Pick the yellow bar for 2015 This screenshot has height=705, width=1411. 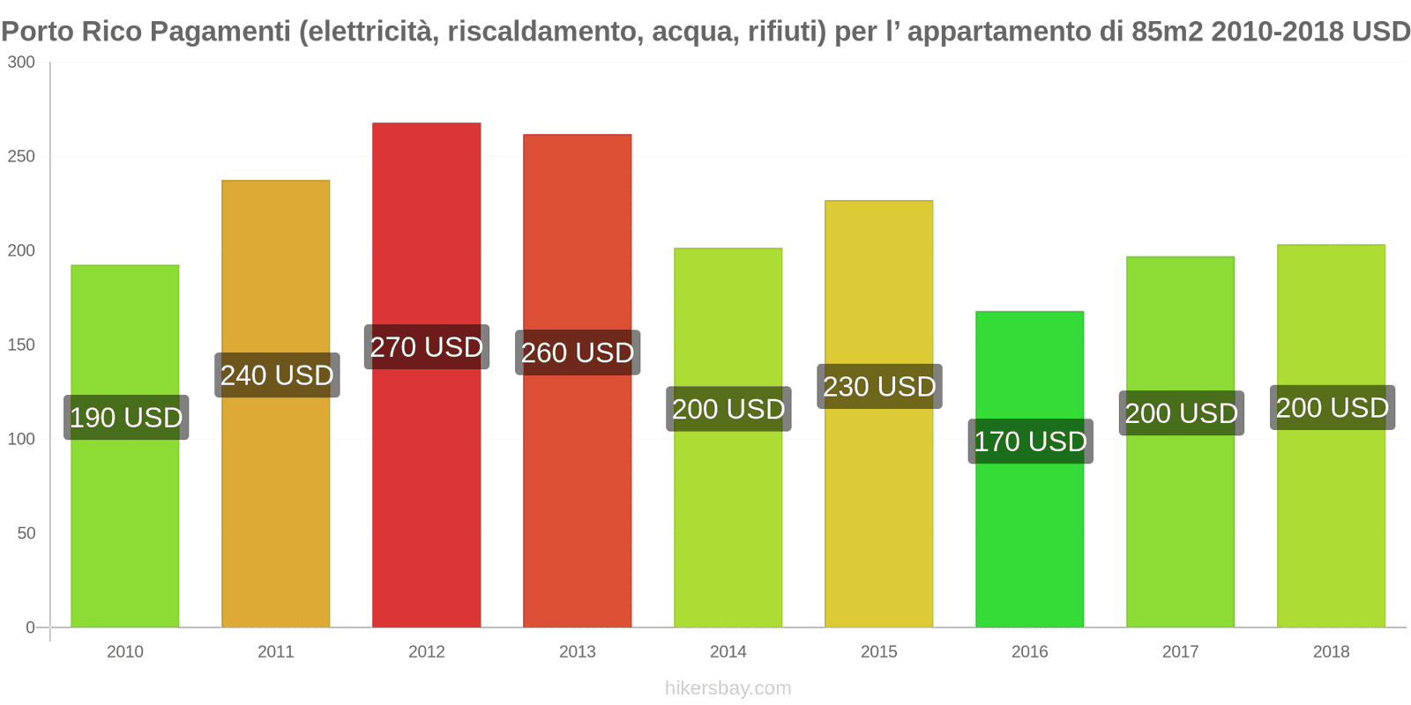tap(878, 511)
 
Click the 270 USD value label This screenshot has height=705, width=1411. tap(427, 347)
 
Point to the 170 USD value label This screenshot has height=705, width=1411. tap(1030, 442)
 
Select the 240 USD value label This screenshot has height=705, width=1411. tap(277, 375)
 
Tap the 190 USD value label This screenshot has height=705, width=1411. tap(126, 418)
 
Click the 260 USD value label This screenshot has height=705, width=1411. tap(578, 353)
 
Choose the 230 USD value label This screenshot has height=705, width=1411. tap(879, 387)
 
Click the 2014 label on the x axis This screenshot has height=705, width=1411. tap(728, 652)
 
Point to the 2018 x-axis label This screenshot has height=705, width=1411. tap(1331, 652)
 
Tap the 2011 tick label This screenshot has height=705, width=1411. tap(275, 652)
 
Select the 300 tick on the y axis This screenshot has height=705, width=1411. tap(21, 63)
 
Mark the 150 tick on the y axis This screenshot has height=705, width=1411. tap(21, 345)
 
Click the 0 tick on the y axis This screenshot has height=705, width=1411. tap(30, 627)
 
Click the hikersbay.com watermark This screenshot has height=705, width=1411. tap(728, 688)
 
